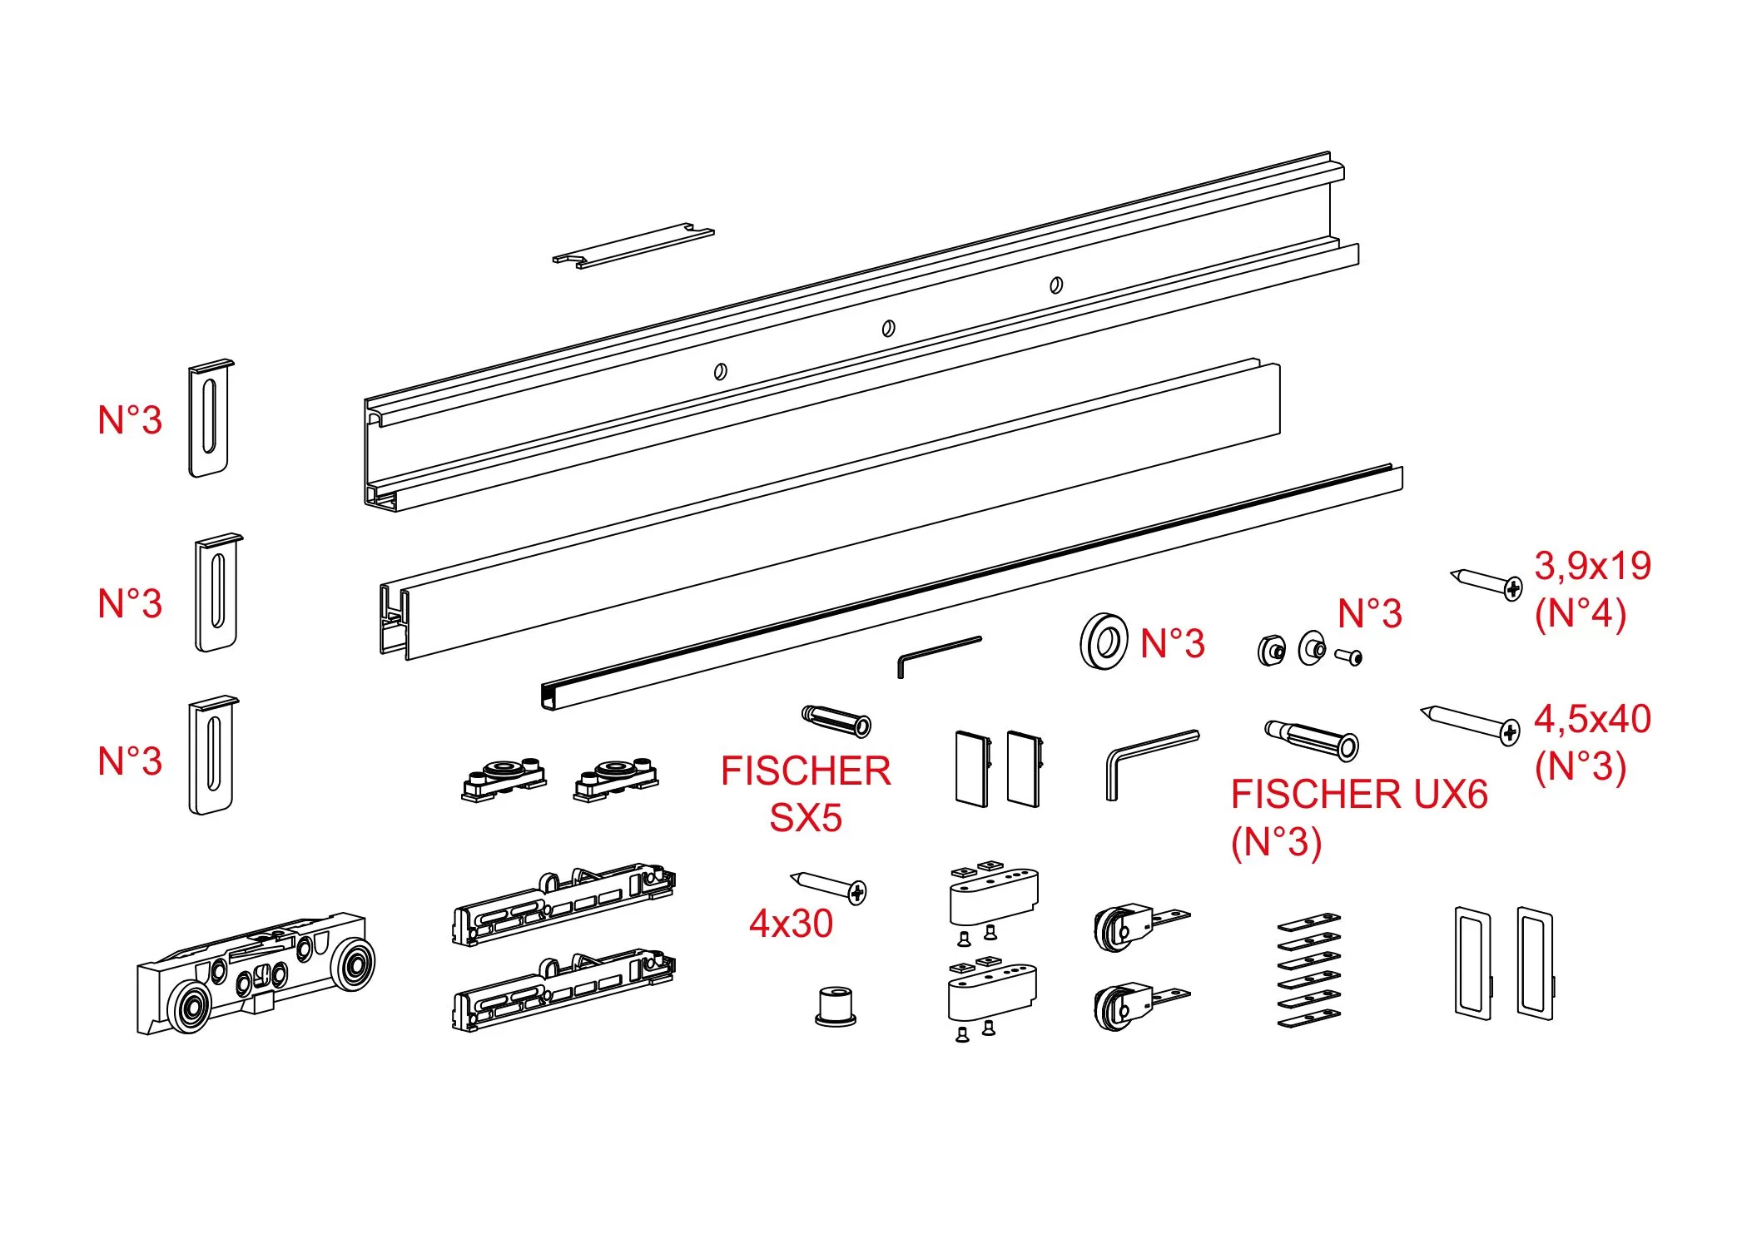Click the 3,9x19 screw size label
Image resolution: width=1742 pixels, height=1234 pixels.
pyautogui.click(x=1592, y=566)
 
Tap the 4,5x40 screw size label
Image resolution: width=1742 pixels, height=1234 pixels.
pyautogui.click(x=1592, y=719)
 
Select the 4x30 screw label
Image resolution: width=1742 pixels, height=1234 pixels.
pyautogui.click(x=791, y=924)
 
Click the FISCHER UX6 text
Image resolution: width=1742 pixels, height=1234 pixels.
pyautogui.click(x=1358, y=795)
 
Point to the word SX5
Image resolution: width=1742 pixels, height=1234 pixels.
pyautogui.click(x=806, y=818)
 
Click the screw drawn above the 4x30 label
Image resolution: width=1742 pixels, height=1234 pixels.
pyautogui.click(x=829, y=886)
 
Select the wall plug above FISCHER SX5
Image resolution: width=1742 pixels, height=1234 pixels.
pyautogui.click(x=836, y=721)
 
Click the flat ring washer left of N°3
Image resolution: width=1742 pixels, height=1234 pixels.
pyautogui.click(x=1104, y=641)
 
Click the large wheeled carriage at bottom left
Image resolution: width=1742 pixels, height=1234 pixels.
pyautogui.click(x=254, y=973)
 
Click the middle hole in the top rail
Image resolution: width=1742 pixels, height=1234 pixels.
pyautogui.click(x=888, y=328)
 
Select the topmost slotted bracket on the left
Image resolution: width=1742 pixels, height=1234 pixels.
pyautogui.click(x=211, y=419)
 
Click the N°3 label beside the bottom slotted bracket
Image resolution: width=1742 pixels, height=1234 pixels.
pyautogui.click(x=130, y=761)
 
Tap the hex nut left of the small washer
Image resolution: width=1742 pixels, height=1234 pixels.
pyautogui.click(x=1270, y=650)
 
